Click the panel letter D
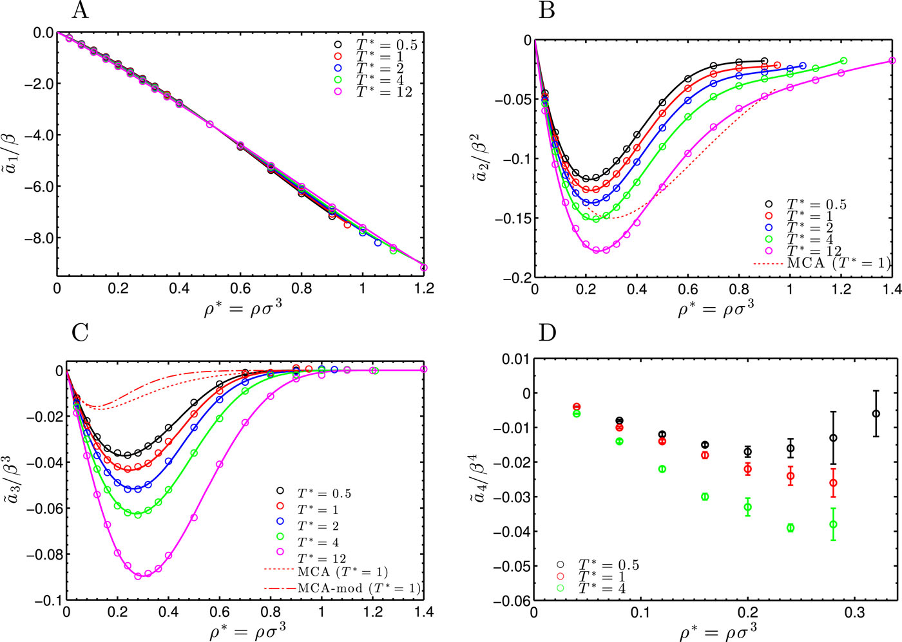coord(548,334)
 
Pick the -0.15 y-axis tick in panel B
coord(512,218)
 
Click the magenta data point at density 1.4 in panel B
coord(892,61)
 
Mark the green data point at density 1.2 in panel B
coord(843,61)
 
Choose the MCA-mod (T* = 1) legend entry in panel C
coord(358,588)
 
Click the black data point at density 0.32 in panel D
coord(876,413)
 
